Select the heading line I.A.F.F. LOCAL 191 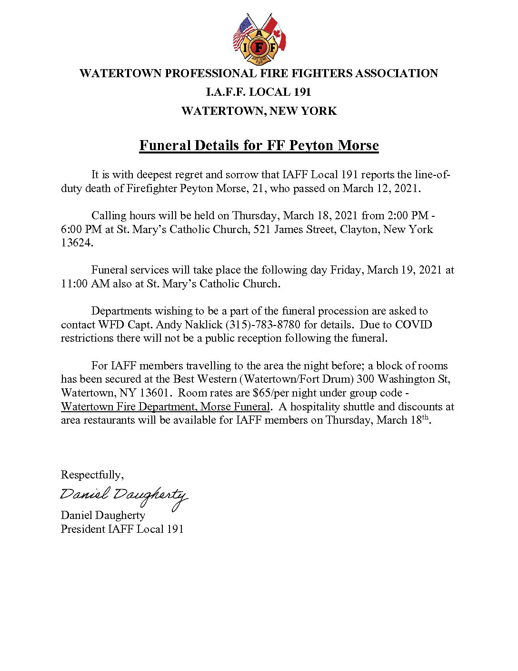(x=259, y=92)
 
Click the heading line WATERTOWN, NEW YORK (x=259, y=111)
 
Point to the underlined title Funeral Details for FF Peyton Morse (x=259, y=145)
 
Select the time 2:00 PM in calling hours (x=408, y=215)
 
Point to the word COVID (x=414, y=325)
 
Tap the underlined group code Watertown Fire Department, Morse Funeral (x=165, y=407)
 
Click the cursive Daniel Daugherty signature (x=123, y=496)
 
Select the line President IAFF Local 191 (x=122, y=529)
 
